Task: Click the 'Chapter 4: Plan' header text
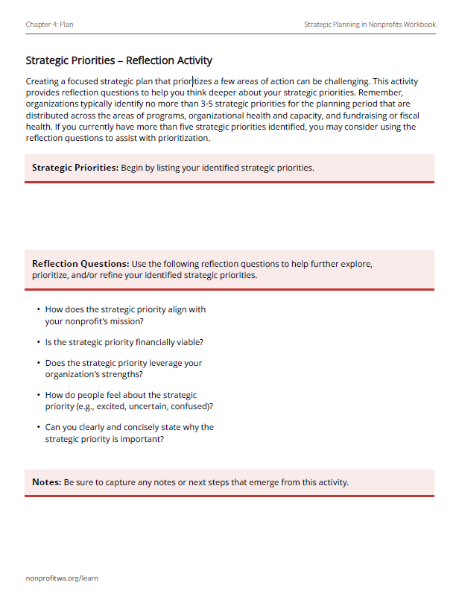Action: [x=49, y=25]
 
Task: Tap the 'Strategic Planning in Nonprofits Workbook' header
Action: [x=370, y=25]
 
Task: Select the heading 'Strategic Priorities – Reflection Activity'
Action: [x=118, y=60]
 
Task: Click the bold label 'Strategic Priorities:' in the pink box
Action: [x=75, y=168]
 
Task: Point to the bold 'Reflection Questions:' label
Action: [x=80, y=264]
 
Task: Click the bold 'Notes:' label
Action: [x=47, y=482]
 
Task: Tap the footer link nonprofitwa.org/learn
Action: [x=62, y=578]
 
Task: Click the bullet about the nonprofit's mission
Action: [x=125, y=315]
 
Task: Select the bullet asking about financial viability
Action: [x=124, y=342]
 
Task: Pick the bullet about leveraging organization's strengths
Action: [x=123, y=369]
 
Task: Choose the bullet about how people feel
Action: [x=128, y=400]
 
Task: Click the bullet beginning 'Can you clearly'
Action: [x=129, y=433]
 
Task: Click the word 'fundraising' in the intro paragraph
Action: [x=352, y=116]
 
